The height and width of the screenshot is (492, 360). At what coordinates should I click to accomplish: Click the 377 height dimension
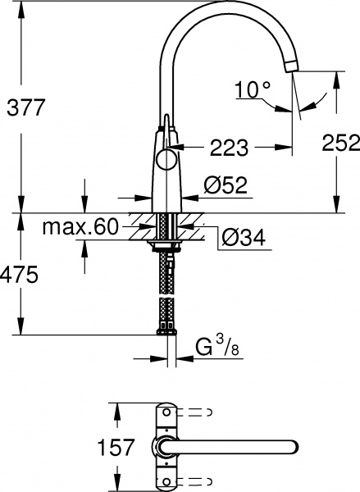[x=23, y=106]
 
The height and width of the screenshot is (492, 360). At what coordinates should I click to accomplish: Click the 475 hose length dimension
[x=20, y=276]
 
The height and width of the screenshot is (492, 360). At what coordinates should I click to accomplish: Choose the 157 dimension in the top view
[x=116, y=447]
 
